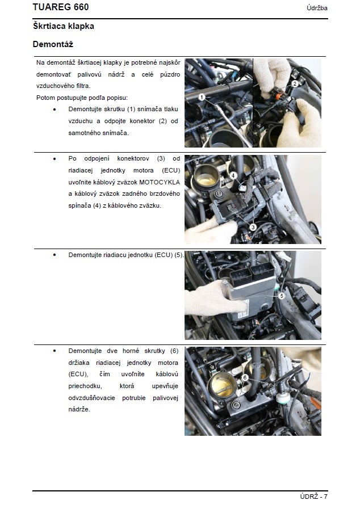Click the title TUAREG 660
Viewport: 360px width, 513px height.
(x=61, y=7)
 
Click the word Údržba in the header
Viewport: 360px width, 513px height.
(x=316, y=8)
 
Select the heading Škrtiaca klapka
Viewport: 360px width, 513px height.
(x=64, y=26)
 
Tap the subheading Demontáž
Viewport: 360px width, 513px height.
(x=53, y=44)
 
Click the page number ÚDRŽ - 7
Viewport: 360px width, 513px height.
(x=313, y=497)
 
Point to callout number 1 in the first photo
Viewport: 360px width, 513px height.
(x=201, y=98)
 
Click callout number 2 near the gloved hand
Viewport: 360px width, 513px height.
(x=294, y=83)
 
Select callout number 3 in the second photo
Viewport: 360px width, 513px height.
(x=253, y=226)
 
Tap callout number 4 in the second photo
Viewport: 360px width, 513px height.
(x=233, y=175)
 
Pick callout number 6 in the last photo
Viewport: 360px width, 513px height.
(x=244, y=377)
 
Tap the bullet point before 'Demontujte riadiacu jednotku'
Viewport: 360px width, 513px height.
(x=55, y=255)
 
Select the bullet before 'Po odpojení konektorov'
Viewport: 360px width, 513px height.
(x=55, y=159)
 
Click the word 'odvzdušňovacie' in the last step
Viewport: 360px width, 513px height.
(x=92, y=397)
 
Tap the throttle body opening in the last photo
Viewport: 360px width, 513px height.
(x=221, y=388)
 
